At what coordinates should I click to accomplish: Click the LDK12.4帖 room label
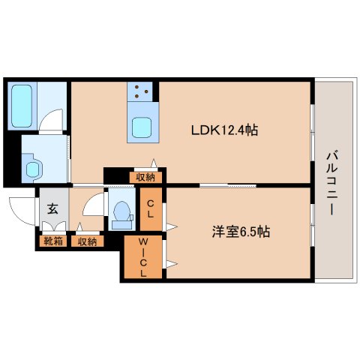pos(225,130)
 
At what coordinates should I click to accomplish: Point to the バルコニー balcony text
pos(331,181)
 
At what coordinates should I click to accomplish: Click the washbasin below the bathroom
pos(32,166)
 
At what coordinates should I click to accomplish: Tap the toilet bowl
pos(120,212)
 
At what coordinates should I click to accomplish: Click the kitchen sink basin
pos(142,127)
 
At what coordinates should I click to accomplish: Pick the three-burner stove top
pos(141,93)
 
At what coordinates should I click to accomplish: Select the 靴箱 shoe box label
pos(53,241)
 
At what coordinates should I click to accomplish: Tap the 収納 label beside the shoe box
pos(87,241)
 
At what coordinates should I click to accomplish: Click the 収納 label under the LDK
pos(145,177)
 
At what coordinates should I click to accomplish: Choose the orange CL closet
pos(151,208)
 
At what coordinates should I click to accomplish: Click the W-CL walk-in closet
pos(142,257)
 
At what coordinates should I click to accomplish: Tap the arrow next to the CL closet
pos(172,225)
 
